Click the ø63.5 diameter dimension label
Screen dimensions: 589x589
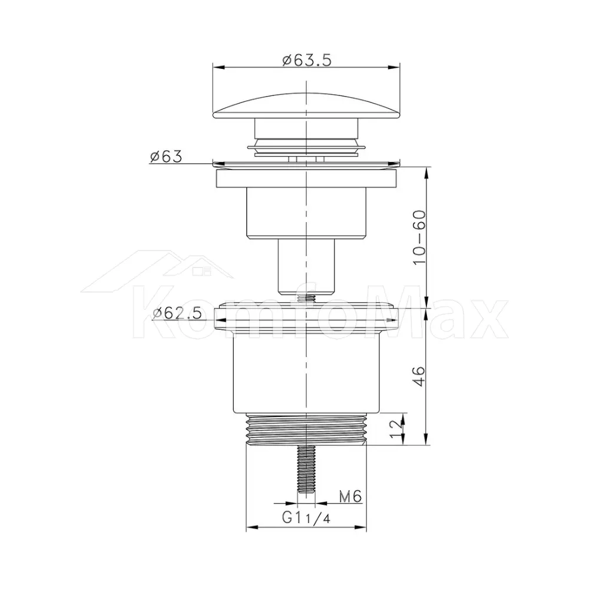(307, 59)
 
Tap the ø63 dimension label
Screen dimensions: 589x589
(166, 156)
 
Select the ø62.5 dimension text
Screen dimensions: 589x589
(177, 313)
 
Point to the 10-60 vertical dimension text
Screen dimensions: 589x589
(419, 237)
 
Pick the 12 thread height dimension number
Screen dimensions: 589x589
(396, 429)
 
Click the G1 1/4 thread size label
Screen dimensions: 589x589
(306, 518)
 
